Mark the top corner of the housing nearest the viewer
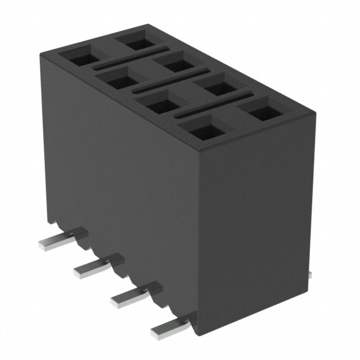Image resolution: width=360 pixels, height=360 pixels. (x=200, y=150)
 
